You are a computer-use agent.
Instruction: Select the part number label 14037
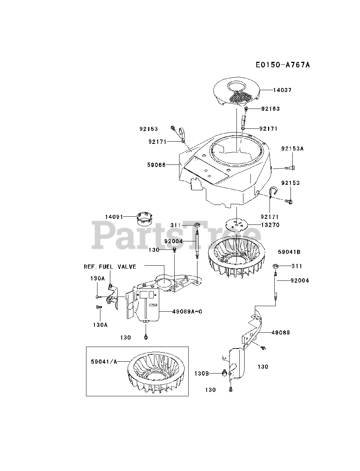(x=282, y=90)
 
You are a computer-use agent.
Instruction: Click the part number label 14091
(x=114, y=217)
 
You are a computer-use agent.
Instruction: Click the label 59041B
(x=289, y=252)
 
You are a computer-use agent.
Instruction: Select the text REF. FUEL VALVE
(x=110, y=267)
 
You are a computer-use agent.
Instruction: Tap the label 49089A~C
(x=188, y=312)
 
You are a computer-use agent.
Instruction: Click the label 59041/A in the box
(x=104, y=362)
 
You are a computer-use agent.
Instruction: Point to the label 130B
(x=202, y=373)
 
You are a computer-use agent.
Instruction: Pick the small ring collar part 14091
(x=144, y=218)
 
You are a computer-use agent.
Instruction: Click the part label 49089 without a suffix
(x=281, y=333)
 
